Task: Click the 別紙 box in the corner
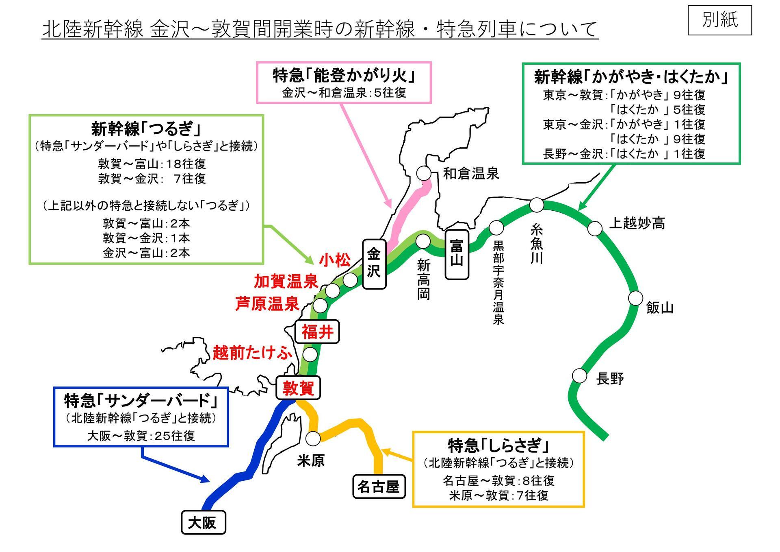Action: point(719,20)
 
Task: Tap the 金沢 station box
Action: point(374,264)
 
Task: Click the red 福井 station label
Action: point(317,332)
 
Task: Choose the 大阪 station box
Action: point(203,522)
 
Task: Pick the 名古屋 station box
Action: point(379,486)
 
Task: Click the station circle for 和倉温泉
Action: point(424,173)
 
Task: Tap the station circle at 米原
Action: point(313,438)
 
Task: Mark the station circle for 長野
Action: point(580,375)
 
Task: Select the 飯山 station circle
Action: point(636,298)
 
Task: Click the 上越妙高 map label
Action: point(637,223)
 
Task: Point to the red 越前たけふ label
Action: point(252,352)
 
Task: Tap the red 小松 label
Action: point(334,260)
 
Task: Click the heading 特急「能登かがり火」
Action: point(344,76)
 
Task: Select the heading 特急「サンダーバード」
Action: point(141,401)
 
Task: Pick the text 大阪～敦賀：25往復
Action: point(141,436)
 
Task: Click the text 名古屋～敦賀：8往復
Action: point(498,481)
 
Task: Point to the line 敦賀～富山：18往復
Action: point(152,164)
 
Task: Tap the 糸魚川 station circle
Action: point(537,205)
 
